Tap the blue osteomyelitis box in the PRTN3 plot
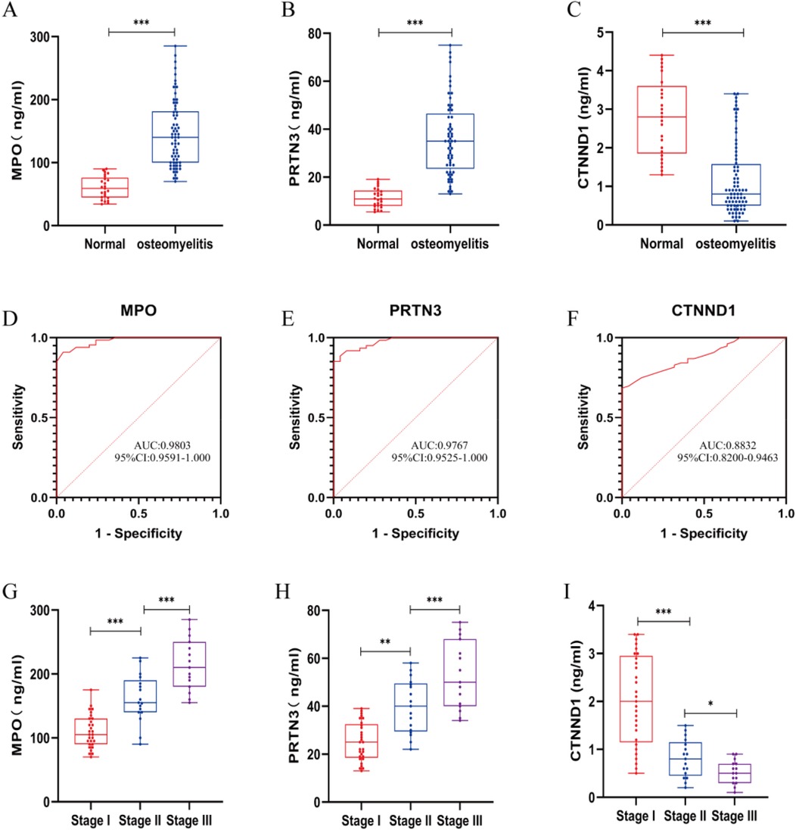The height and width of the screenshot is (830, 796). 449,141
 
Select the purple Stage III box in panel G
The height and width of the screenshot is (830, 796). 188,664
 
